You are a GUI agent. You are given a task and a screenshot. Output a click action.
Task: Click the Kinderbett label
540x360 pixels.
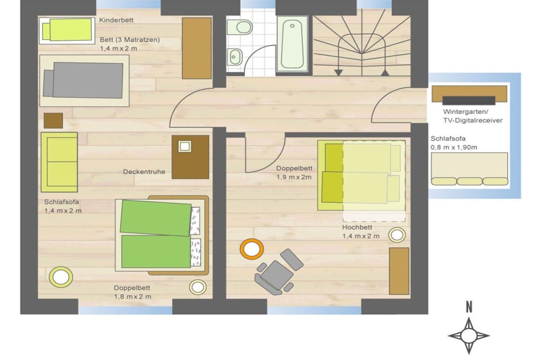pos(116,21)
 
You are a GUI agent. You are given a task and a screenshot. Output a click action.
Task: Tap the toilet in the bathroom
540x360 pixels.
pos(240,27)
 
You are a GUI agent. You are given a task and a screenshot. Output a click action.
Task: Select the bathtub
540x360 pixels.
pos(292,44)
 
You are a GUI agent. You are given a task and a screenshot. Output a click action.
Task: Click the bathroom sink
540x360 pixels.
pos(235,56)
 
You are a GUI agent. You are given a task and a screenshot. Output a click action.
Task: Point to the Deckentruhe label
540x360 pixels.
pos(144,172)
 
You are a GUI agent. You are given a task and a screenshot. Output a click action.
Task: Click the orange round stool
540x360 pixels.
pos(252,249)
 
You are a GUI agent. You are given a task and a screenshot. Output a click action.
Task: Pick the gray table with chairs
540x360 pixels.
pos(278,272)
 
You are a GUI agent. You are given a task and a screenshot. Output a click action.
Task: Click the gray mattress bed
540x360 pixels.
pos(83,80)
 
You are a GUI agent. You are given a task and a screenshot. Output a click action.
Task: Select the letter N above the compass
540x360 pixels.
pos(469,307)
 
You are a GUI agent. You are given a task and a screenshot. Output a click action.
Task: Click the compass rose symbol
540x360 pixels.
pos(469,336)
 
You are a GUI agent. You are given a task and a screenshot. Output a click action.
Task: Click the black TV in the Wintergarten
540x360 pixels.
pos(469,100)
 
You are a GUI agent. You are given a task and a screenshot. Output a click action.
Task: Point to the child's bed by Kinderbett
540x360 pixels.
pos(67,30)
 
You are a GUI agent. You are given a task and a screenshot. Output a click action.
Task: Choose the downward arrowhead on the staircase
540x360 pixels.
pos(339,73)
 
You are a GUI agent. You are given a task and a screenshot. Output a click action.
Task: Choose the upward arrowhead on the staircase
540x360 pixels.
pos(385,73)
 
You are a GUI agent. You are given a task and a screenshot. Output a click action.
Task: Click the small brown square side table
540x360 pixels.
pos(53,121)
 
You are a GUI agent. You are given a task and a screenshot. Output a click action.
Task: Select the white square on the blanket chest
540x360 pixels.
pos(185,147)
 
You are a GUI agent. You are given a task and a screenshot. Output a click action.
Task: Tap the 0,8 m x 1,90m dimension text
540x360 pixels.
pos(454,147)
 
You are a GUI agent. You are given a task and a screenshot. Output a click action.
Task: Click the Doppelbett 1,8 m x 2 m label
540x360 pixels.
pos(132,292)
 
